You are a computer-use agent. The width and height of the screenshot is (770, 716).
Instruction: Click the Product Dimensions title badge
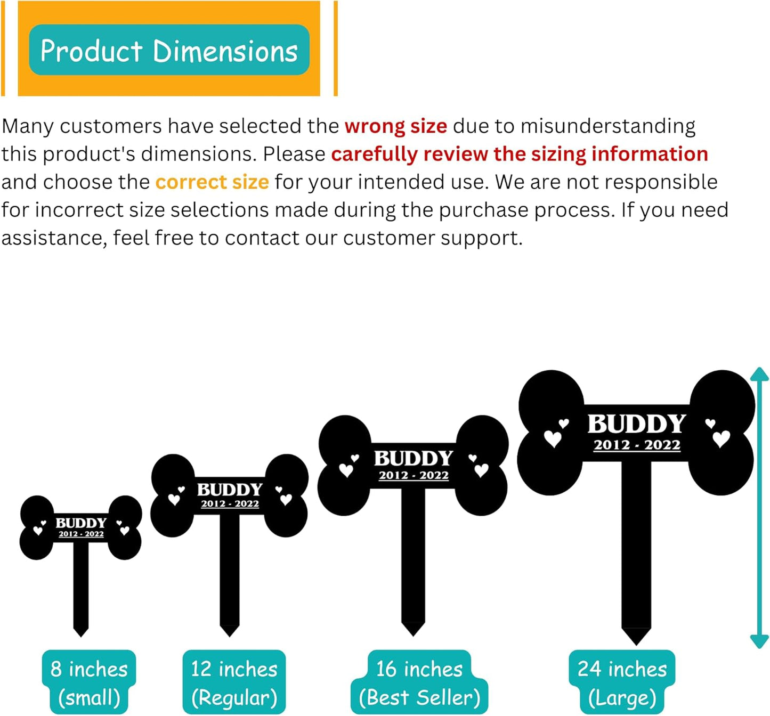tap(169, 50)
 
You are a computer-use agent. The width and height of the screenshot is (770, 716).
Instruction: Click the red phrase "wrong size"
tap(395, 126)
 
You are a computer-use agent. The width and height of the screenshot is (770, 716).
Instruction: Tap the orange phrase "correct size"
tap(212, 182)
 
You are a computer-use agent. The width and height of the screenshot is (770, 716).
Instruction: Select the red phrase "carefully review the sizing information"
tap(519, 154)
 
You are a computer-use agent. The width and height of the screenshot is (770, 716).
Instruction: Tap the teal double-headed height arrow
tap(759, 508)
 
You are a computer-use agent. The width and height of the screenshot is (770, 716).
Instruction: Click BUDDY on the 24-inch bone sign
tap(636, 424)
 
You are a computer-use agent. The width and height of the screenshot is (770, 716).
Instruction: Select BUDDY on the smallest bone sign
tap(81, 523)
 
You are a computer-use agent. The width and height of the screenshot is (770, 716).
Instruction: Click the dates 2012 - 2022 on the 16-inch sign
tap(414, 475)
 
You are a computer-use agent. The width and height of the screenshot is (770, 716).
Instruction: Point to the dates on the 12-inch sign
tap(230, 504)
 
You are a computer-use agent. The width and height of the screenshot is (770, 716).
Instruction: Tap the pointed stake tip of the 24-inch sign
tap(636, 637)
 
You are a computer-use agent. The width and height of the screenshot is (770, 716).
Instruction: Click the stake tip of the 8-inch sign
tap(81, 631)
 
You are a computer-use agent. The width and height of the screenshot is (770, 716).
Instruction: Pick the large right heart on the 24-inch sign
tap(721, 439)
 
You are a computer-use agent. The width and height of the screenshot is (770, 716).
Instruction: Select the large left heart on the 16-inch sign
tap(346, 470)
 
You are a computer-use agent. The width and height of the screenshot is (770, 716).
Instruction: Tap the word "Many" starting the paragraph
tap(27, 126)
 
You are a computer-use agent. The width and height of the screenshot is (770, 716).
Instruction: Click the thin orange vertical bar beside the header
tap(335, 48)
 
